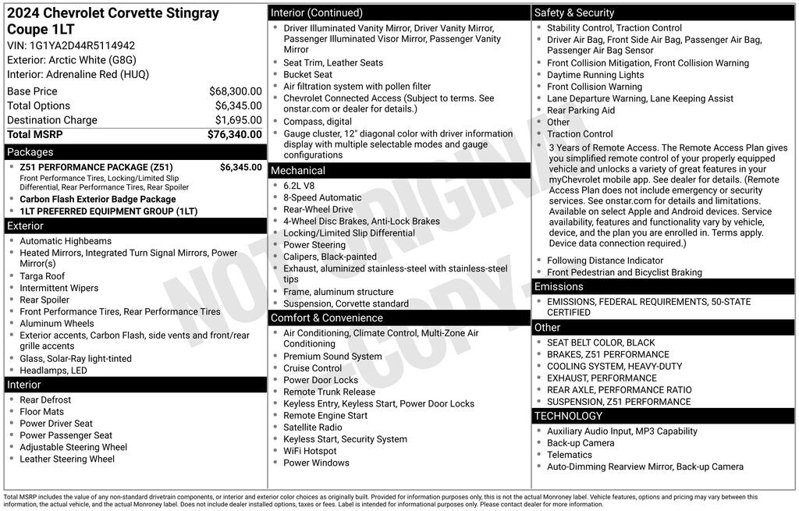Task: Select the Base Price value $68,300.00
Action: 235,91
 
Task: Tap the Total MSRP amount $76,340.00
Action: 234,134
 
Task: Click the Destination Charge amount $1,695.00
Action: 238,120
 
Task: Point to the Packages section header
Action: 30,152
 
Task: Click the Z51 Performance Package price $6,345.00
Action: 240,167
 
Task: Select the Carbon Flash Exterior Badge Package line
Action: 98,199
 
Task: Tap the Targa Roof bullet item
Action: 42,276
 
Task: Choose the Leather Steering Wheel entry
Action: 67,459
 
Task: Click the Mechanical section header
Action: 298,170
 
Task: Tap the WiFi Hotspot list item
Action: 310,451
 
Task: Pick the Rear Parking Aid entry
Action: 581,110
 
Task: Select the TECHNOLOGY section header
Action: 569,416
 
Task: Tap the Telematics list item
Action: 569,455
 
